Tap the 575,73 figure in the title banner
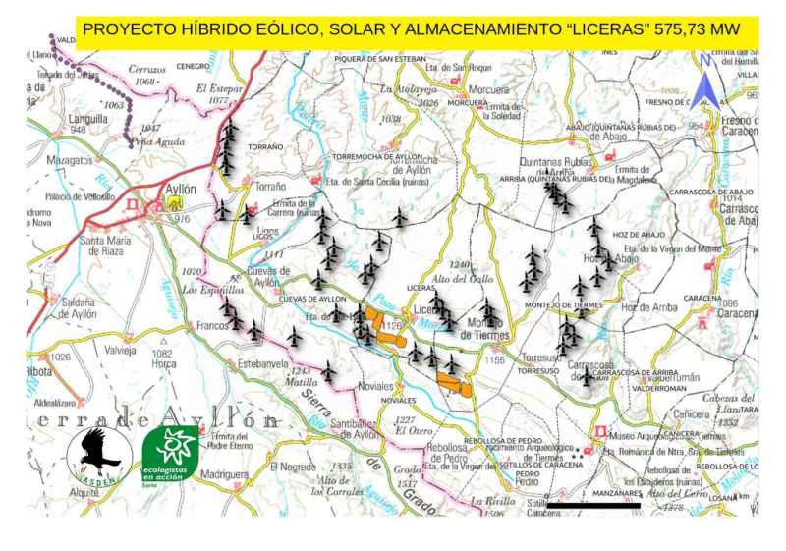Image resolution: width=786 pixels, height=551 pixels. tap(689, 29)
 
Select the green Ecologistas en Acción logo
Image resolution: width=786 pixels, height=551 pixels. tap(170, 454)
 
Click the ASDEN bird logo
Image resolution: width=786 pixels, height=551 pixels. tap(98, 454)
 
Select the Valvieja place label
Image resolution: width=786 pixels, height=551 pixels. tap(116, 350)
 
